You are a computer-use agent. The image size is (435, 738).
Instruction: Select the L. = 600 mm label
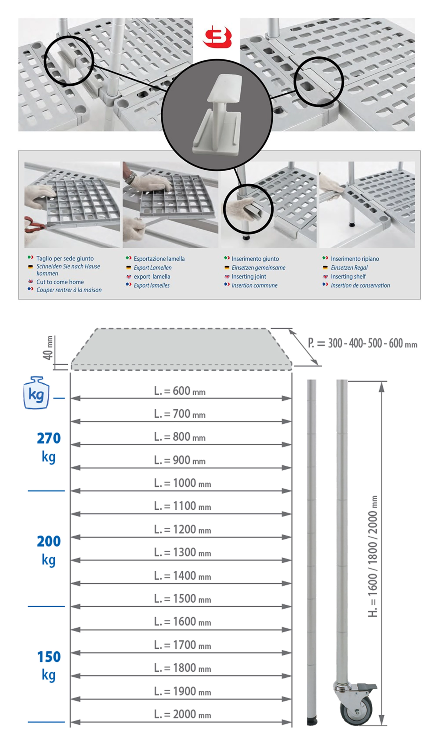180,391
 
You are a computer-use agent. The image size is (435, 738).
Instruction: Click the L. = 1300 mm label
182,552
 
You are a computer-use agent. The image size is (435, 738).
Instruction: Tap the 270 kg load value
49,447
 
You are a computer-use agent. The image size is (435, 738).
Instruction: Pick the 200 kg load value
49,550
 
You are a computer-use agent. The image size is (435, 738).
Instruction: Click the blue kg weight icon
36,393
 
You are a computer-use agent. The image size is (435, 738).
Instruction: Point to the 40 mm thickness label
48,348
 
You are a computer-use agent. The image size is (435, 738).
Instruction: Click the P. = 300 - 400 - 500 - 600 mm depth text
362,343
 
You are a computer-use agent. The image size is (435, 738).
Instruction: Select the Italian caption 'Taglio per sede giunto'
65,258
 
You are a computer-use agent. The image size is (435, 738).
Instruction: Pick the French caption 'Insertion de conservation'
360,285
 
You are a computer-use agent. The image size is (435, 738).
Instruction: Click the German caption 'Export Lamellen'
152,268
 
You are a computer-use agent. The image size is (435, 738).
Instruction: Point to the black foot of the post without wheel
312,721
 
